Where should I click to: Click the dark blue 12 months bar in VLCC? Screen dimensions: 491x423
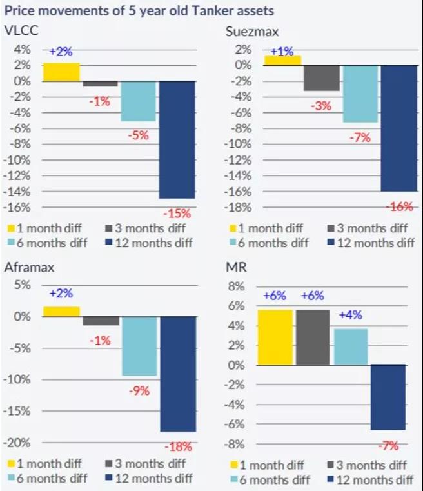pos(177,139)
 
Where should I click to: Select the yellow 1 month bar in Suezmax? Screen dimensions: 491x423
pos(282,60)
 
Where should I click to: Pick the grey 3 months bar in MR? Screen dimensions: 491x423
pos(313,337)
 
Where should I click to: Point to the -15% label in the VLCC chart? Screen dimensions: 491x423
pos(177,213)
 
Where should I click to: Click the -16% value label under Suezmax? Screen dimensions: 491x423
pos(399,206)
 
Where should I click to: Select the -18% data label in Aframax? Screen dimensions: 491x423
pos(178,446)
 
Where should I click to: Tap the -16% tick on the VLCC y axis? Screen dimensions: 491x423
pos(19,207)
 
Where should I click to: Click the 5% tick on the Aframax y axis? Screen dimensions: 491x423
pos(23,285)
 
